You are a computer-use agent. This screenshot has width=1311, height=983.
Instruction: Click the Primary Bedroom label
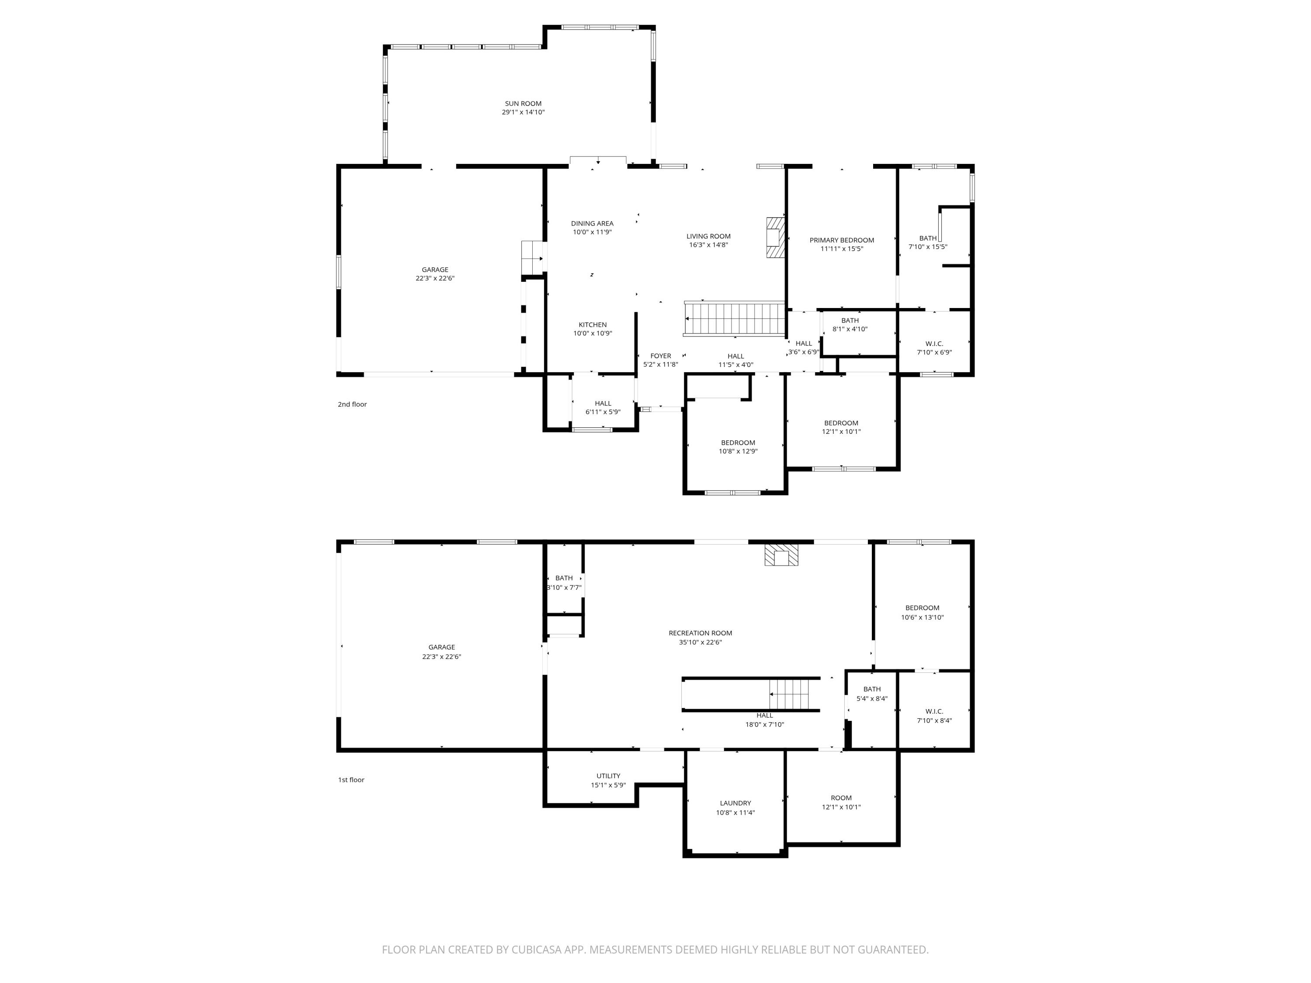click(x=841, y=240)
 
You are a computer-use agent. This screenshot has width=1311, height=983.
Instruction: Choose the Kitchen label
click(x=592, y=325)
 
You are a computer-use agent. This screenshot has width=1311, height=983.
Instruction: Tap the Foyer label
click(x=660, y=356)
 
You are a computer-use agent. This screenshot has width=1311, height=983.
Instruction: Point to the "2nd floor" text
click(x=352, y=404)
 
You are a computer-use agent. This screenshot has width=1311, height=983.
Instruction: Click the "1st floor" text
click(x=351, y=780)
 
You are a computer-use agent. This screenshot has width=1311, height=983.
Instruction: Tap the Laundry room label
click(x=735, y=803)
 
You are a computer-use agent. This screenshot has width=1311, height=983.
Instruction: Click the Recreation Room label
click(x=700, y=633)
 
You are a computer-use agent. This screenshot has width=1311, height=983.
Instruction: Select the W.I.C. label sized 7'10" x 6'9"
click(x=933, y=344)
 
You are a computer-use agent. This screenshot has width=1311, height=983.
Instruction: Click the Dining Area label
click(x=592, y=223)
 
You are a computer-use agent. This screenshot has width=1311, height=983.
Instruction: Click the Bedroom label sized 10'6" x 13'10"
click(x=922, y=608)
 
